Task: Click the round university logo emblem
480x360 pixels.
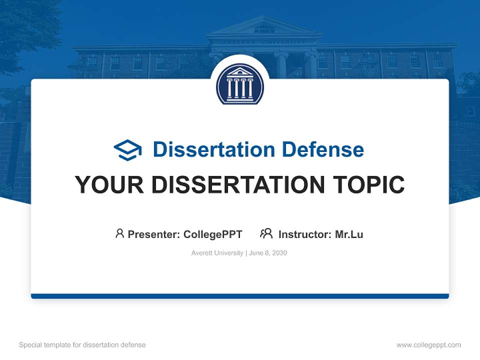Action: pyautogui.click(x=240, y=83)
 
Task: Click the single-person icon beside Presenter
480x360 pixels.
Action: pyautogui.click(x=119, y=233)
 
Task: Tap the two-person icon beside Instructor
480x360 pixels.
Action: pyautogui.click(x=266, y=233)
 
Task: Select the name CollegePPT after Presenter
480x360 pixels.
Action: pyautogui.click(x=213, y=234)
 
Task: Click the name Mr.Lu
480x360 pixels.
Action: pyautogui.click(x=349, y=234)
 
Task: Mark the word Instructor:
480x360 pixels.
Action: pyautogui.click(x=305, y=234)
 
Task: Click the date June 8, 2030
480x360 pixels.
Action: pyautogui.click(x=268, y=253)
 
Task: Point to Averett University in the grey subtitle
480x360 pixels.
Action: pyautogui.click(x=216, y=253)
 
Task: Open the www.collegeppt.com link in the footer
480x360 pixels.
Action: pyautogui.click(x=428, y=345)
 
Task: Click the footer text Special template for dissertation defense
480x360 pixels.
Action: pyautogui.click(x=82, y=345)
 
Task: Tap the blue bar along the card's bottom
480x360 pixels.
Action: pyautogui.click(x=240, y=296)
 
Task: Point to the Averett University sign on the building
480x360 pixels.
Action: pyautogui.click(x=264, y=42)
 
